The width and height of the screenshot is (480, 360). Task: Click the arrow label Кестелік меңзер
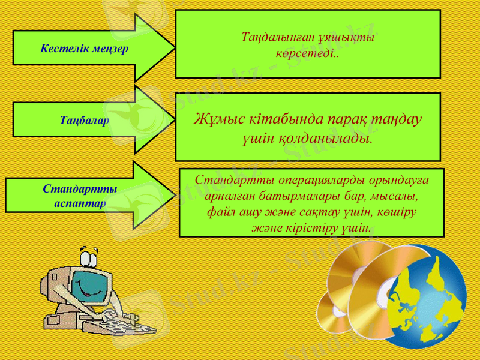click(84, 47)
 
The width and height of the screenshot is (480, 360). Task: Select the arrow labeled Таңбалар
click(85, 120)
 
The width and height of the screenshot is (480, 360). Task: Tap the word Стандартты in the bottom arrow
click(80, 188)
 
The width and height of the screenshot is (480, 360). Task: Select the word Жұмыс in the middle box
click(215, 118)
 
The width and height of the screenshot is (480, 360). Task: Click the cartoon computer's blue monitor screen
click(90, 288)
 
